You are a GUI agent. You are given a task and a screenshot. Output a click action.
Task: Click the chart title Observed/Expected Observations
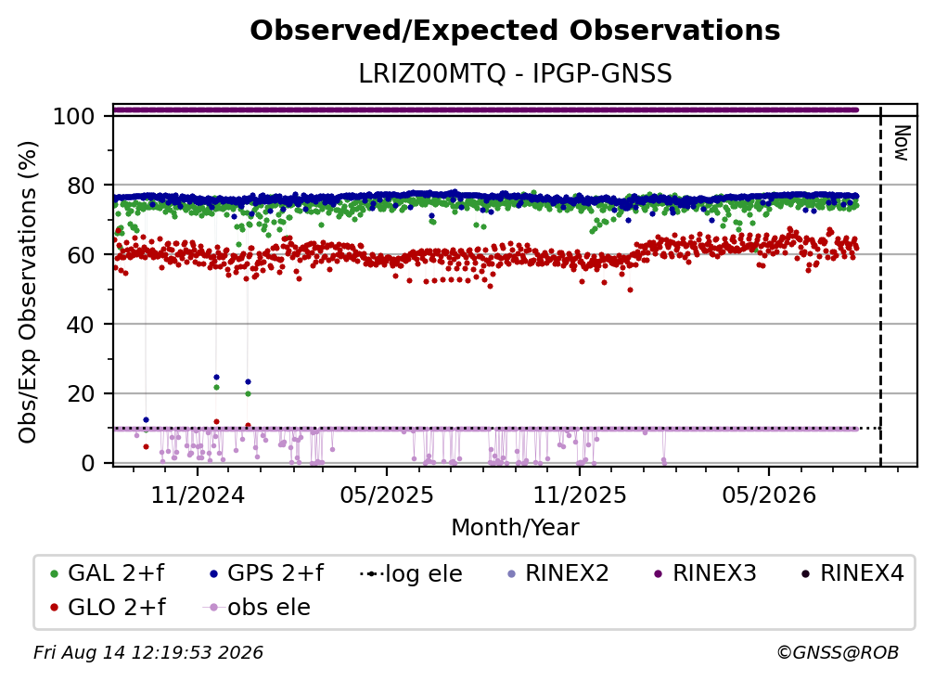515,31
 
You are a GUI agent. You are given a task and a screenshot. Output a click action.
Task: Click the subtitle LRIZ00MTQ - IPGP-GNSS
515,74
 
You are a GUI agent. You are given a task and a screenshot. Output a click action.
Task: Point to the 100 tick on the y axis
73,116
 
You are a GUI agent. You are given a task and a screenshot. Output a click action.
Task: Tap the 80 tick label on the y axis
81,186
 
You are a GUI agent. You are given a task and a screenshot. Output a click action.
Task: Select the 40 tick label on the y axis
81,325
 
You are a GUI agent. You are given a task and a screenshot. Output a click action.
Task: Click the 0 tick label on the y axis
87,463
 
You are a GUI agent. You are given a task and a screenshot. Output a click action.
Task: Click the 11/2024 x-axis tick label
198,495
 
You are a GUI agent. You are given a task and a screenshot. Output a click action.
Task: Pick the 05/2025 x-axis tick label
387,495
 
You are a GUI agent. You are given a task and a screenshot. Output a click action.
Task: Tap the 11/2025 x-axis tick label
580,495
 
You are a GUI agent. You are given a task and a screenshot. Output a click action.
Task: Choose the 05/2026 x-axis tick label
769,495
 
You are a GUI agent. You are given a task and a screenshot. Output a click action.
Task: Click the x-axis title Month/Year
515,528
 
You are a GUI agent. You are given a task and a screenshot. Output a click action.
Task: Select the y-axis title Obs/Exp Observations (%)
28,292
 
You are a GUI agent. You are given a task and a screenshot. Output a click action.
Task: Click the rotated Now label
902,143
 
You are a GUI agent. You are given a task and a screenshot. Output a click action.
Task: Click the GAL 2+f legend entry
108,573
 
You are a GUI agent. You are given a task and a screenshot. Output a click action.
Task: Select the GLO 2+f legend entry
109,608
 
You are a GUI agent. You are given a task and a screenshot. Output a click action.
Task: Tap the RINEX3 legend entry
705,573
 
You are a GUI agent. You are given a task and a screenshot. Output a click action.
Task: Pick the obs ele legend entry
257,608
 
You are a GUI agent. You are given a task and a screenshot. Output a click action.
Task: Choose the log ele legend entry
412,573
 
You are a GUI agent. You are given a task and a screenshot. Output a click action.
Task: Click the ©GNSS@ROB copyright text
838,653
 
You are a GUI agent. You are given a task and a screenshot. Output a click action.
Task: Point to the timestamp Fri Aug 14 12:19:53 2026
148,653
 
